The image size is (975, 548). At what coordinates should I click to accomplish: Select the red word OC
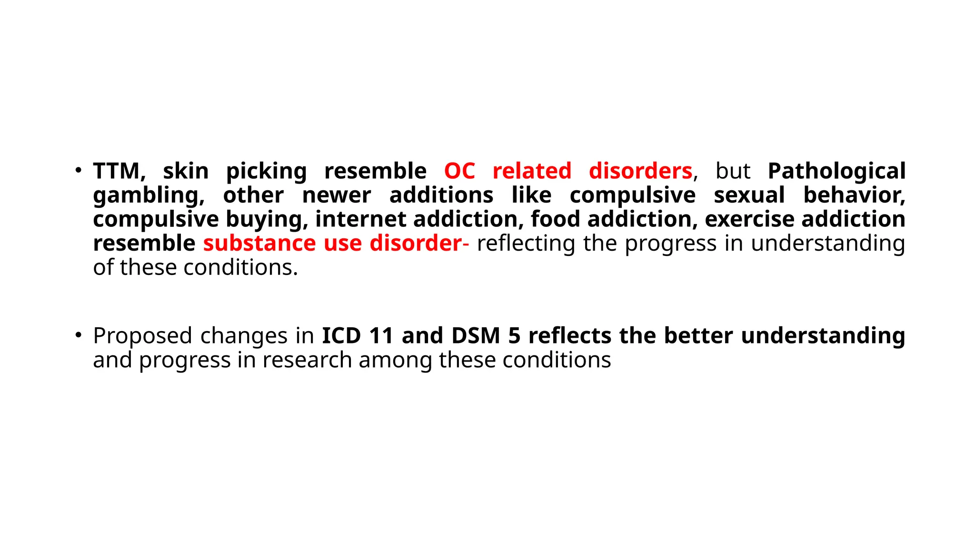459,171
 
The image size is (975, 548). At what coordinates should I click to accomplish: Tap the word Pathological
836,171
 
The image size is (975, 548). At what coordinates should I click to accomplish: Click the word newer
337,195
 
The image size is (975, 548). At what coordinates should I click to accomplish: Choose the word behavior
854,195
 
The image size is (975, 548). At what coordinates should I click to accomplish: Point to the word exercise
749,219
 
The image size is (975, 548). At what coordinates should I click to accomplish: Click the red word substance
259,243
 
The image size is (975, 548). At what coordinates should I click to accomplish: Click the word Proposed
142,336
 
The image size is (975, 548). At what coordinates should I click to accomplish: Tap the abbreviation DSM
476,335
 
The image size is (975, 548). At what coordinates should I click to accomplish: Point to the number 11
381,335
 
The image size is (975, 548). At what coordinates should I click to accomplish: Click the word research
307,360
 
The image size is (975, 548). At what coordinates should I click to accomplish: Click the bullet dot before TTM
79,170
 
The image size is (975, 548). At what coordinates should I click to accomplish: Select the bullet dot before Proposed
79,335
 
